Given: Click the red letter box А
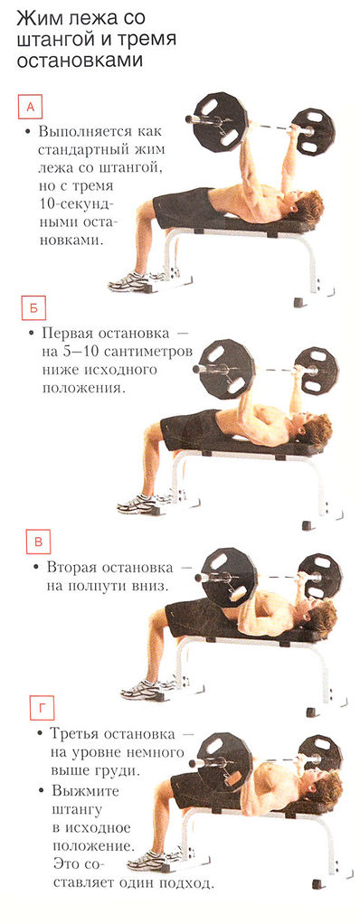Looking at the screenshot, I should (30, 108).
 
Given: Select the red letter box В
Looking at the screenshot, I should (37, 542).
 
